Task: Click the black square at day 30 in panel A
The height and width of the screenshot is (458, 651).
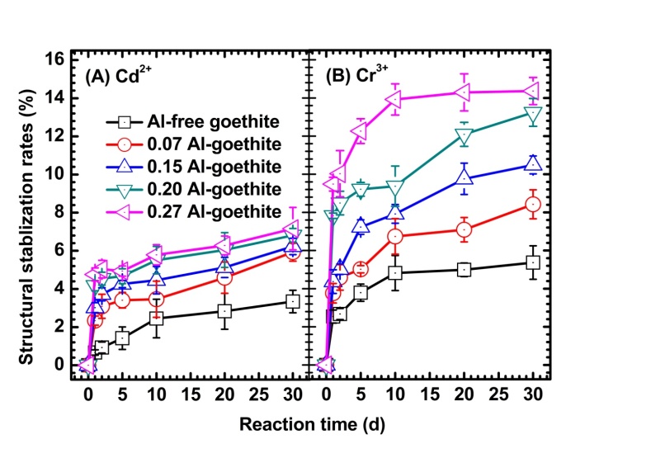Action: tap(292, 301)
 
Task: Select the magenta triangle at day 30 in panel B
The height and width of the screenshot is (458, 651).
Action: tap(533, 91)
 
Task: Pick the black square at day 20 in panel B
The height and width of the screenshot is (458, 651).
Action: tap(464, 269)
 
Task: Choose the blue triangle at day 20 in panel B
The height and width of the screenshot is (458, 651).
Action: tap(464, 177)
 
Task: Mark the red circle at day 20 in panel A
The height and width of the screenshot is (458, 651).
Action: tap(224, 277)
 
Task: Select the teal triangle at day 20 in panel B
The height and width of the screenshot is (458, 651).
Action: tap(464, 134)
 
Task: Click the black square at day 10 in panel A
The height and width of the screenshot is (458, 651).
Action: tap(156, 318)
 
